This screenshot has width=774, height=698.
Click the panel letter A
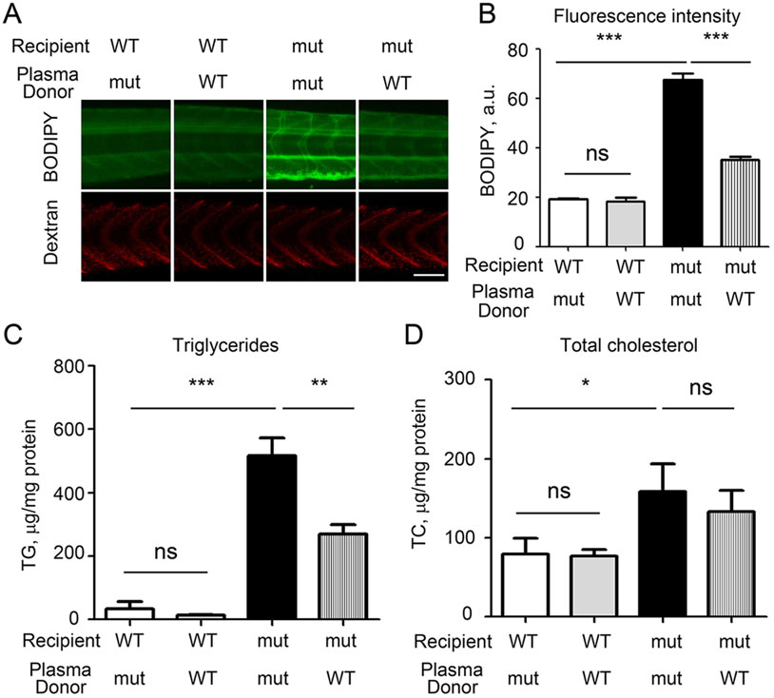point(15,13)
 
